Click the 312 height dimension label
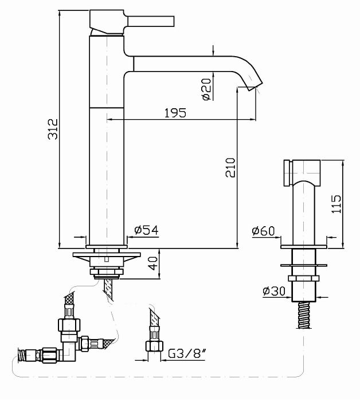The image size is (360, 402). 52,131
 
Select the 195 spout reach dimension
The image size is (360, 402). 175,112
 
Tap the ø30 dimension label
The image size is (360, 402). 275,291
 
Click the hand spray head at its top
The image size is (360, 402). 303,171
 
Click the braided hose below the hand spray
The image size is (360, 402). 304,315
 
